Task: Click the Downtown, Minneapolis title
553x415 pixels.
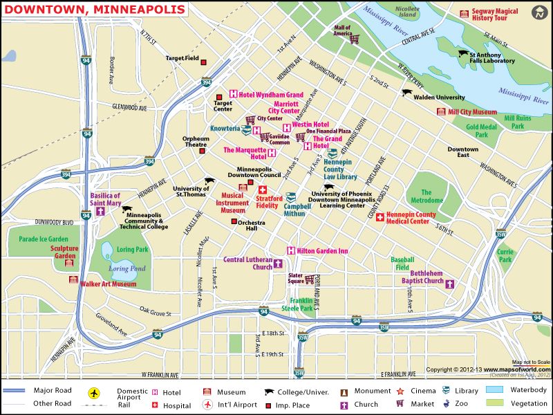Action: pos(95,9)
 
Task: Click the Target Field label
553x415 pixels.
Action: pos(182,58)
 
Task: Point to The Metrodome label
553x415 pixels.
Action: pos(427,196)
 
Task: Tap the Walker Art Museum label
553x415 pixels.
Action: pos(108,284)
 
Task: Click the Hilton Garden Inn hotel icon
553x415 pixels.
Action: pos(291,250)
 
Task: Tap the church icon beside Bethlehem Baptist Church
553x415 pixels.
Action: pos(449,284)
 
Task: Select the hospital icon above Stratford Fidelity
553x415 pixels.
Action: pos(263,190)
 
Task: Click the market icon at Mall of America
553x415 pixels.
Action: pos(355,39)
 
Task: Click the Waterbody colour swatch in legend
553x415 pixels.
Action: pos(495,390)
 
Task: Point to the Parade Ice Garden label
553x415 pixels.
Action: pos(43,239)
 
